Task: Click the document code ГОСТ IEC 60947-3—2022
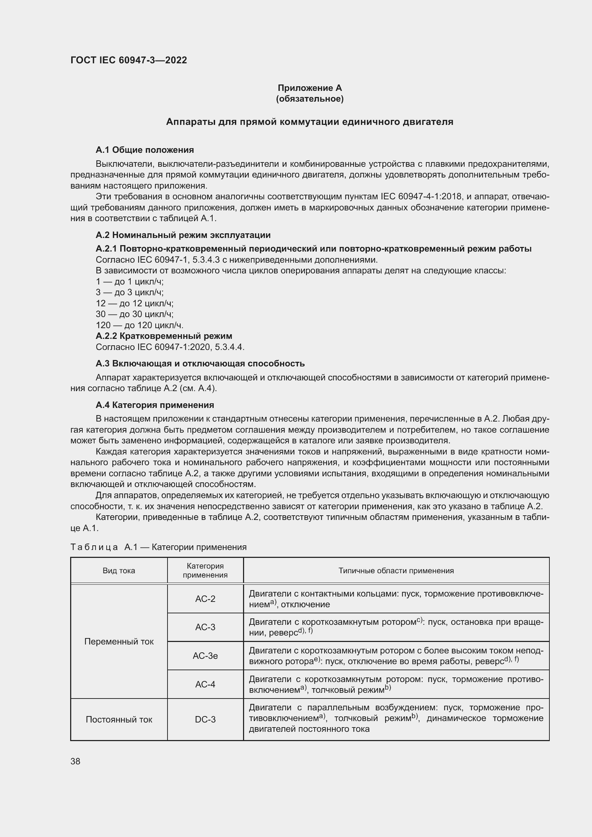[x=128, y=60]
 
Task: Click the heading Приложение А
[x=310, y=88]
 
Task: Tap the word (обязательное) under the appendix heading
[x=310, y=99]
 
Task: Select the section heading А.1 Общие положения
[x=145, y=150]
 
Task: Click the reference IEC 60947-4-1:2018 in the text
[x=422, y=196]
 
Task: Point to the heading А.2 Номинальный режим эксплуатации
[x=183, y=235]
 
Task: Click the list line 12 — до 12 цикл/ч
[x=135, y=303]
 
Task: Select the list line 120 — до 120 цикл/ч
[x=140, y=325]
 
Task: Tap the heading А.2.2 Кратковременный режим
[x=164, y=336]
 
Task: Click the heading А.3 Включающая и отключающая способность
[x=200, y=364]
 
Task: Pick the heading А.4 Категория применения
[x=155, y=405]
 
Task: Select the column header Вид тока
[x=119, y=571]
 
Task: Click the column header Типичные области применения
[x=396, y=571]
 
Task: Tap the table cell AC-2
[x=205, y=599]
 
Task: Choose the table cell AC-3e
[x=205, y=656]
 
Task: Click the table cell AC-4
[x=205, y=684]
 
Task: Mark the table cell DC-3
[x=205, y=719]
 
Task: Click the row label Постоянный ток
[x=119, y=719]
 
